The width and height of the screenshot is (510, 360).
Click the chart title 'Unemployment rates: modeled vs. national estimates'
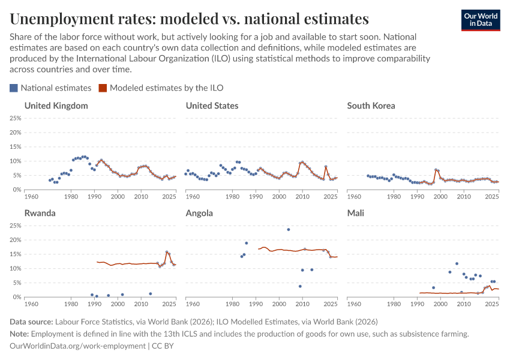(190, 17)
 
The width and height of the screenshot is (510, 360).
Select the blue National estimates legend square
(14, 88)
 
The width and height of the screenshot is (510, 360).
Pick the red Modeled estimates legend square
(103, 88)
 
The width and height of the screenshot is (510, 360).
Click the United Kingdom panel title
(56, 106)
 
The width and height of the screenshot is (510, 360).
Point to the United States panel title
(212, 106)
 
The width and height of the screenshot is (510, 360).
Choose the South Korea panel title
(371, 106)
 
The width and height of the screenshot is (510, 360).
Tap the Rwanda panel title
(41, 213)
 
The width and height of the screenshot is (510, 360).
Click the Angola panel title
(199, 213)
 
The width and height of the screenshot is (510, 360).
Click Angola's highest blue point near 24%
(289, 229)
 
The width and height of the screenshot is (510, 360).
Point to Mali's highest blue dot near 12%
(457, 263)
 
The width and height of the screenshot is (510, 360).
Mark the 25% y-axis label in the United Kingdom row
(15, 118)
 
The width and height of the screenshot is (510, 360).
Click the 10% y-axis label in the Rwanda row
(15, 269)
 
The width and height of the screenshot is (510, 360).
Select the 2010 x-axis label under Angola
(302, 304)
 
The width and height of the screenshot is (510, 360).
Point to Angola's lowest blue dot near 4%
(300, 286)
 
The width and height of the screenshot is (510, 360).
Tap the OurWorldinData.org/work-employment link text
(78, 346)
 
